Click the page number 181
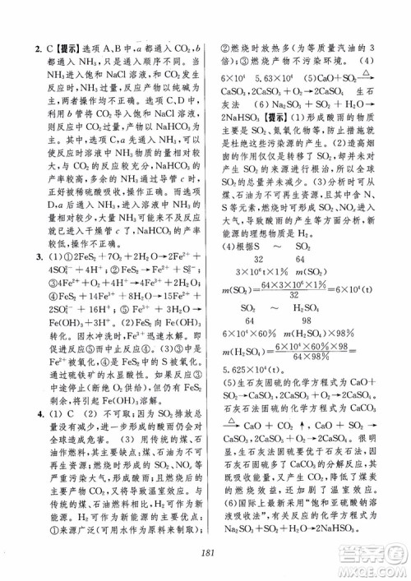205,553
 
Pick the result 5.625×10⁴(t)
248,348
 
